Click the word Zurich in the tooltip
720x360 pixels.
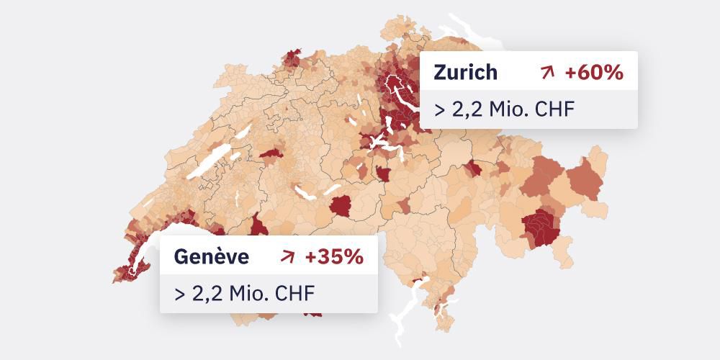[465, 72]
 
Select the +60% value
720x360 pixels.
[594, 72]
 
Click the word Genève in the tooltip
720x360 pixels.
[211, 256]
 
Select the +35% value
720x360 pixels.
[333, 256]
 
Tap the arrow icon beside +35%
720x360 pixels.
[288, 256]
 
